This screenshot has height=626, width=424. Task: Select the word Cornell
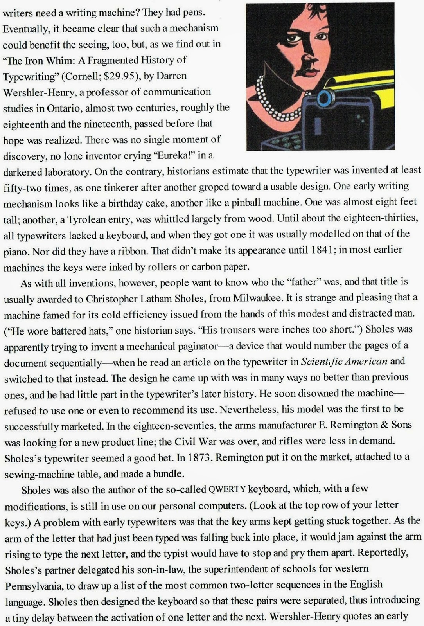[x=80, y=76]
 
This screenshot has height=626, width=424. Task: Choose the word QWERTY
[x=227, y=489]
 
